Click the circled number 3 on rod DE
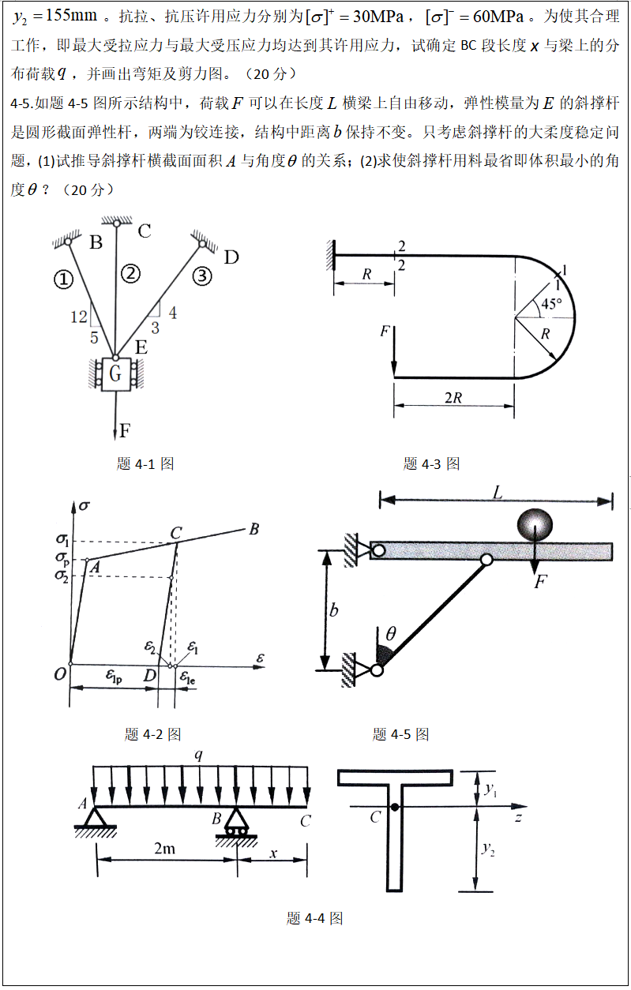click(x=202, y=276)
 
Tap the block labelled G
click(x=116, y=375)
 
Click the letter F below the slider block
click(x=124, y=431)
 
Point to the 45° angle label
click(x=551, y=304)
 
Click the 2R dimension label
click(x=453, y=398)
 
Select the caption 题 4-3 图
click(x=431, y=463)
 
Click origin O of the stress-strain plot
click(x=60, y=674)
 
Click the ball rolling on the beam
click(x=535, y=524)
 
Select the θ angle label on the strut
click(x=390, y=632)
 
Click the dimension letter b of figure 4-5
click(x=334, y=610)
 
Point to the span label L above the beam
click(x=497, y=493)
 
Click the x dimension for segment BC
click(x=273, y=854)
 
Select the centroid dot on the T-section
click(x=394, y=807)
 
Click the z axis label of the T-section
click(x=518, y=818)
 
